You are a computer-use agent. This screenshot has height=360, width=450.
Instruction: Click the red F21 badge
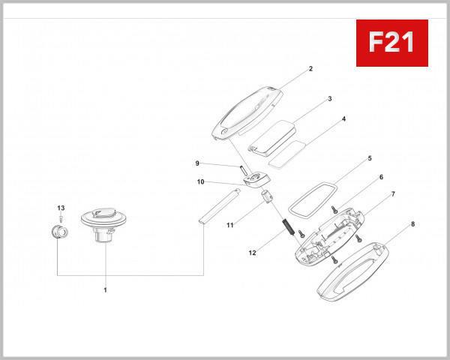(x=391, y=43)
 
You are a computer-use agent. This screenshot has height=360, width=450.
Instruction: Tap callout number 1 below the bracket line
(x=105, y=289)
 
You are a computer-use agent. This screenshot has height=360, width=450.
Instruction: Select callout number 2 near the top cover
(x=310, y=69)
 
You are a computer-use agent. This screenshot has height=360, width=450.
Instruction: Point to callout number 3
(x=329, y=98)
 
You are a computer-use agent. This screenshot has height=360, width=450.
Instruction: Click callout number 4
(x=343, y=118)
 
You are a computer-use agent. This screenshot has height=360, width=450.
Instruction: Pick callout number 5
(x=369, y=159)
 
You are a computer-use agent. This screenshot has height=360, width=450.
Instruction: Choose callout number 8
(x=412, y=223)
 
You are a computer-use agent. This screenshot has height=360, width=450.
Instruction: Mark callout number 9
(x=197, y=163)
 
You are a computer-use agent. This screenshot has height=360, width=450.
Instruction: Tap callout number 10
(x=200, y=181)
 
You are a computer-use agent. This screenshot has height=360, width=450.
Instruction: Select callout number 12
(x=253, y=253)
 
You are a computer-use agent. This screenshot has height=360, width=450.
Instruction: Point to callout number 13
(x=61, y=207)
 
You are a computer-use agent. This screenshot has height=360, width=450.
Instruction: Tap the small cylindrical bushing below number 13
(x=59, y=229)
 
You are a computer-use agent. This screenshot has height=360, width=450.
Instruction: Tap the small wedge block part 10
(x=256, y=179)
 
